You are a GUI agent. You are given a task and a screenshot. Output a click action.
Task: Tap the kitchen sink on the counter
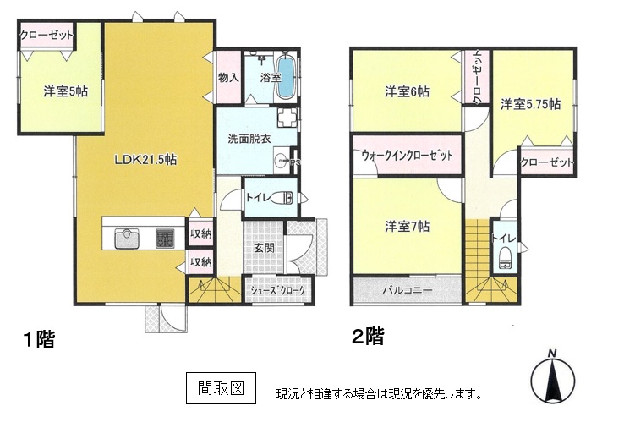click(127, 239)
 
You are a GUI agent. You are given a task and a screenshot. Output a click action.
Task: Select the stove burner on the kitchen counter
click(165, 239)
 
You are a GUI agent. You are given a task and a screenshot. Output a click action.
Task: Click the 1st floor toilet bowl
click(282, 198)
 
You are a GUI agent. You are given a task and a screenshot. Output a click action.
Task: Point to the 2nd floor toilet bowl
click(505, 257)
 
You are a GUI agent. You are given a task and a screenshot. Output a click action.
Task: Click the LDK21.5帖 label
click(145, 160)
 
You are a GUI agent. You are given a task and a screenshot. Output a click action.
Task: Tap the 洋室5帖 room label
click(66, 91)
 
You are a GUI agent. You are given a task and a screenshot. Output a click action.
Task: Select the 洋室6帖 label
click(407, 91)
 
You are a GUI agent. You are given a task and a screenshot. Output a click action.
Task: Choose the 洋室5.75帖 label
click(530, 104)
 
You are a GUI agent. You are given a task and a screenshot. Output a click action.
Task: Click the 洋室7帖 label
click(407, 226)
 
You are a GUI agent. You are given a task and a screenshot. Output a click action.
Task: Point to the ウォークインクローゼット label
click(407, 155)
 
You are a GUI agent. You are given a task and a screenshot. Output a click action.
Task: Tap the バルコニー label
click(408, 290)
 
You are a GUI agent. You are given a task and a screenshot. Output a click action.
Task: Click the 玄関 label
click(264, 248)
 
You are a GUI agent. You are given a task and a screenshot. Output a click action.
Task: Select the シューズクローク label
click(277, 290)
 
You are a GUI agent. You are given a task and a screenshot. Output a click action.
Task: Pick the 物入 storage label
click(229, 77)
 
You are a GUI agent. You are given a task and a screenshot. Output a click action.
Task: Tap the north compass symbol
click(553, 375)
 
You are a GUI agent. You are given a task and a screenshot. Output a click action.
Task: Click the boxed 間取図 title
click(222, 388)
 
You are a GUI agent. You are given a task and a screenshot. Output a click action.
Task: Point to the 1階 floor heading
click(39, 339)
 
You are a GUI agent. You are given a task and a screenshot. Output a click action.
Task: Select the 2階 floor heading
click(368, 337)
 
